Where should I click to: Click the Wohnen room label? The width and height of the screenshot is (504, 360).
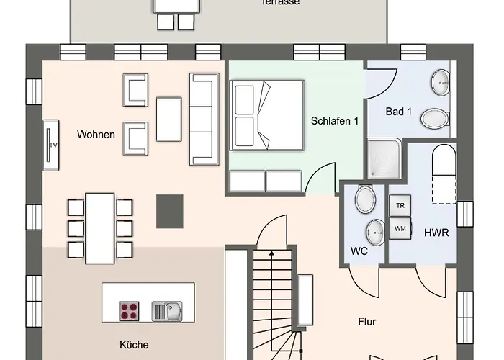tap(96, 134)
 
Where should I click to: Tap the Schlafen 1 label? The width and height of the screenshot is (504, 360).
tap(335, 121)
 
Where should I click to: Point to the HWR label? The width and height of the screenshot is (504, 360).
tap(437, 233)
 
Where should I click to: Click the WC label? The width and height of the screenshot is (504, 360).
tap(359, 251)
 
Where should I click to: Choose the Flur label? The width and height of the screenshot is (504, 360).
tap(366, 322)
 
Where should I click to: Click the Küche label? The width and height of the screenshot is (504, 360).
tap(133, 345)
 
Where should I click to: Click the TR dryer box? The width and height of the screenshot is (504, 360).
tap(400, 205)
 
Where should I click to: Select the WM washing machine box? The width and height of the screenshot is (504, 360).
tap(400, 228)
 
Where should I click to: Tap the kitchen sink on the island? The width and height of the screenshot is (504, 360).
tap(167, 311)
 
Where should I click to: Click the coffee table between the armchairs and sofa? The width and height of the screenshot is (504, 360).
tap(169, 118)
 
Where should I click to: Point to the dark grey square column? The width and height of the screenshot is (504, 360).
tap(170, 211)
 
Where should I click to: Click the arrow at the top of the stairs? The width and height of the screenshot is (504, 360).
tap(271, 253)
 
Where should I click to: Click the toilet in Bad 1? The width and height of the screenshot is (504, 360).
tap(434, 117)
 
